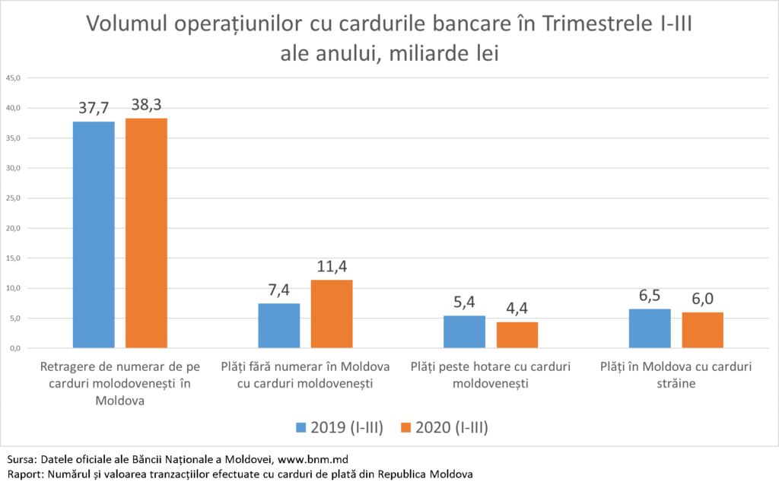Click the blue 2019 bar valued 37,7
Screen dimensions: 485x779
(94, 235)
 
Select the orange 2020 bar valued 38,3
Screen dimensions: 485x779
(146, 233)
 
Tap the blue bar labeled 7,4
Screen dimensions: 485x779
(279, 326)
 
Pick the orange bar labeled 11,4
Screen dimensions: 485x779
(332, 314)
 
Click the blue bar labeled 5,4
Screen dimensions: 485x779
(464, 332)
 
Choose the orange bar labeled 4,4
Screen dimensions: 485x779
(517, 335)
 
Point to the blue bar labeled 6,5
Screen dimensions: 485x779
(650, 328)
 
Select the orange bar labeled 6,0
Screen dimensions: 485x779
(702, 330)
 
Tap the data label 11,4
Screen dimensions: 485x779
(332, 268)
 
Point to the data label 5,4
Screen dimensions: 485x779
(464, 303)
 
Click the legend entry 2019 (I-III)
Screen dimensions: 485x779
(339, 428)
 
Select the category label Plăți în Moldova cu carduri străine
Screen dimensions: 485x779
(676, 375)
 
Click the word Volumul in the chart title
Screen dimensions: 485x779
(124, 24)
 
